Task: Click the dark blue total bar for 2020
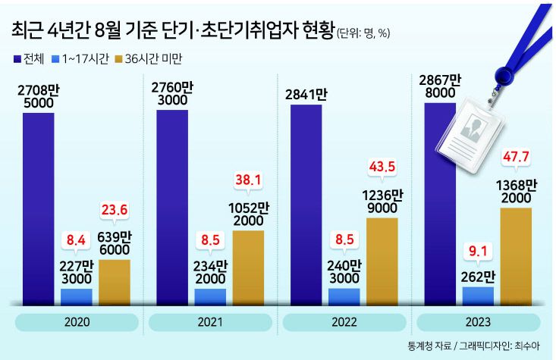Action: pos(33,205)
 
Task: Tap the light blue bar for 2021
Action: pos(211,295)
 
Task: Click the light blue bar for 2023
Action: pos(478,294)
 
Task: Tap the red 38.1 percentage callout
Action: pos(250,181)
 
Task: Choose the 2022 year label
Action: pos(344,322)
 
